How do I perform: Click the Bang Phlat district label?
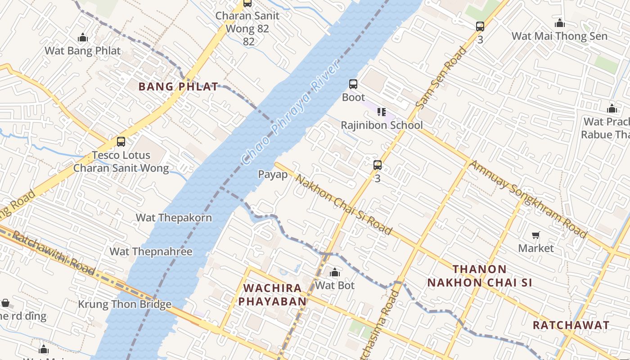pos(179,86)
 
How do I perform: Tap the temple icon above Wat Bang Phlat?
pos(83,37)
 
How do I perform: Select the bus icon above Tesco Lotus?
pos(121,142)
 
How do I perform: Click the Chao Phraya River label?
pos(291,112)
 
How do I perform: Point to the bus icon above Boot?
pos(353,84)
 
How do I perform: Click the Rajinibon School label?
pos(382,125)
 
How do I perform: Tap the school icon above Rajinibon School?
pos(382,112)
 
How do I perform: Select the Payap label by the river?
pos(273,174)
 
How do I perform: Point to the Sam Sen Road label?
pos(441,78)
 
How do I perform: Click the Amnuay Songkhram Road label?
pos(528,199)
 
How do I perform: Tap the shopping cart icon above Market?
pos(535,235)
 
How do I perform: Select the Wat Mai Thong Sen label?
pos(559,36)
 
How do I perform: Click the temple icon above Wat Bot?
pos(335,272)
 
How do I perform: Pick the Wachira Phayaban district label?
pos(272,295)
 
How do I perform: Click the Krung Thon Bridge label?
pos(125,304)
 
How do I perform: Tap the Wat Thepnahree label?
pos(151,252)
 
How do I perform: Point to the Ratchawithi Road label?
pos(53,252)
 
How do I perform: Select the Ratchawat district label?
pos(571,325)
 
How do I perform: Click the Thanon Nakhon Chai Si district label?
pos(480,276)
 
